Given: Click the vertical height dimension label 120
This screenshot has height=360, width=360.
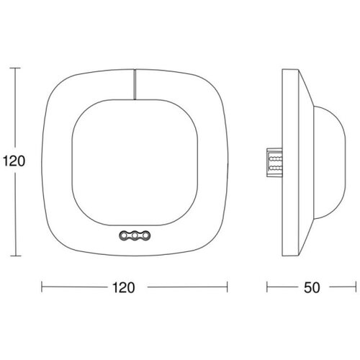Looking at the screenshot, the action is pyautogui.click(x=14, y=161).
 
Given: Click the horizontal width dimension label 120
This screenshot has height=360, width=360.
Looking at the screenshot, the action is pyautogui.click(x=124, y=287).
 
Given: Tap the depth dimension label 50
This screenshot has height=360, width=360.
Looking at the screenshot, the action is pyautogui.click(x=312, y=287).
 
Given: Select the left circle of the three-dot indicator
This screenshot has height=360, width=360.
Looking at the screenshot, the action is pyautogui.click(x=125, y=236).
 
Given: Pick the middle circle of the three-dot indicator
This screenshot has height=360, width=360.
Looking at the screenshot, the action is pyautogui.click(x=135, y=236).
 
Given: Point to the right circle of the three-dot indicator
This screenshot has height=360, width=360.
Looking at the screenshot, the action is pyautogui.click(x=145, y=236).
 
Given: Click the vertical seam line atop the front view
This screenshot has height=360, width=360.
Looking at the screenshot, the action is pyautogui.click(x=135, y=84).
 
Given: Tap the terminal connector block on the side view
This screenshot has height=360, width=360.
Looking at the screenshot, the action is pyautogui.click(x=274, y=163).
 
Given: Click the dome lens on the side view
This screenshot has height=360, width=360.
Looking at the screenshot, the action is pyautogui.click(x=330, y=162).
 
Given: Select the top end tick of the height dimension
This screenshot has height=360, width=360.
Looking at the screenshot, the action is pyautogui.click(x=15, y=68).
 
